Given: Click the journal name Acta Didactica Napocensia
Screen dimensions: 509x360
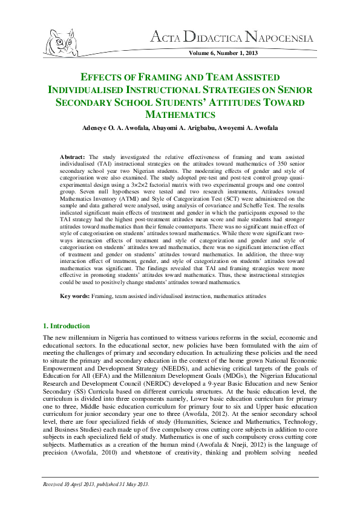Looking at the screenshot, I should coord(236,39).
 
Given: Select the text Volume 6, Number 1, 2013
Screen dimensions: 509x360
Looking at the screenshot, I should coord(223,54).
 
